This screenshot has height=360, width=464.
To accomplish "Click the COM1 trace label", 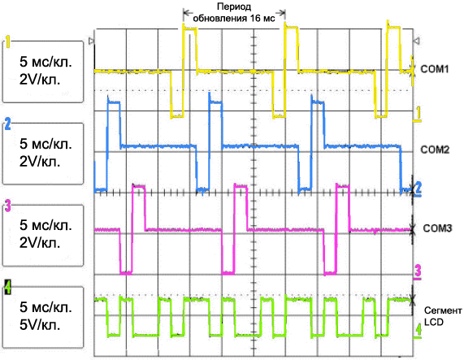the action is tap(435, 69).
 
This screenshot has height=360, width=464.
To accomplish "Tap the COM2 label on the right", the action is tap(435, 150).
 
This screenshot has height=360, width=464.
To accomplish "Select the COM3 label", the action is tap(437, 228).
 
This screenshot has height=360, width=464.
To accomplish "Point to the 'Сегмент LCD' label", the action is tap(443, 316).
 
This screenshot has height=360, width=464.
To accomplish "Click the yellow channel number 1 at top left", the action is tap(7, 41).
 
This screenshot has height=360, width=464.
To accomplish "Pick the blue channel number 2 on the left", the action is tap(7, 124).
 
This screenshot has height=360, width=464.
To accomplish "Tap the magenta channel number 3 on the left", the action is tap(8, 206).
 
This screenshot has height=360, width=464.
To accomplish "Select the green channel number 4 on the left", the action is tap(8, 287).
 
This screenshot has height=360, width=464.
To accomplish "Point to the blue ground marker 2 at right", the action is tap(418, 189).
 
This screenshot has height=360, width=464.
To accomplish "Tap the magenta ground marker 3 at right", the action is tap(418, 271).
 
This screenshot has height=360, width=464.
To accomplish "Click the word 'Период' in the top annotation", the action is tap(234, 7).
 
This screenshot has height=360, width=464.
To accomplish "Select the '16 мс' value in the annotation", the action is tap(262, 19).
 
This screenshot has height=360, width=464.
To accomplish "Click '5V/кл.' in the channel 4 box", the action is tap(40, 325).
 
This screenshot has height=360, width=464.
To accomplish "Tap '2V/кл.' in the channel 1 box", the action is tap(40, 80).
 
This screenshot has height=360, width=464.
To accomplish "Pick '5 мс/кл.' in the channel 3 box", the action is tap(46, 225).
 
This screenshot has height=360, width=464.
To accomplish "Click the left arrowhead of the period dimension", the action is tap(184, 12).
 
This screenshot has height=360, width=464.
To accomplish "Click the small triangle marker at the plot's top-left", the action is tap(92, 41).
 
